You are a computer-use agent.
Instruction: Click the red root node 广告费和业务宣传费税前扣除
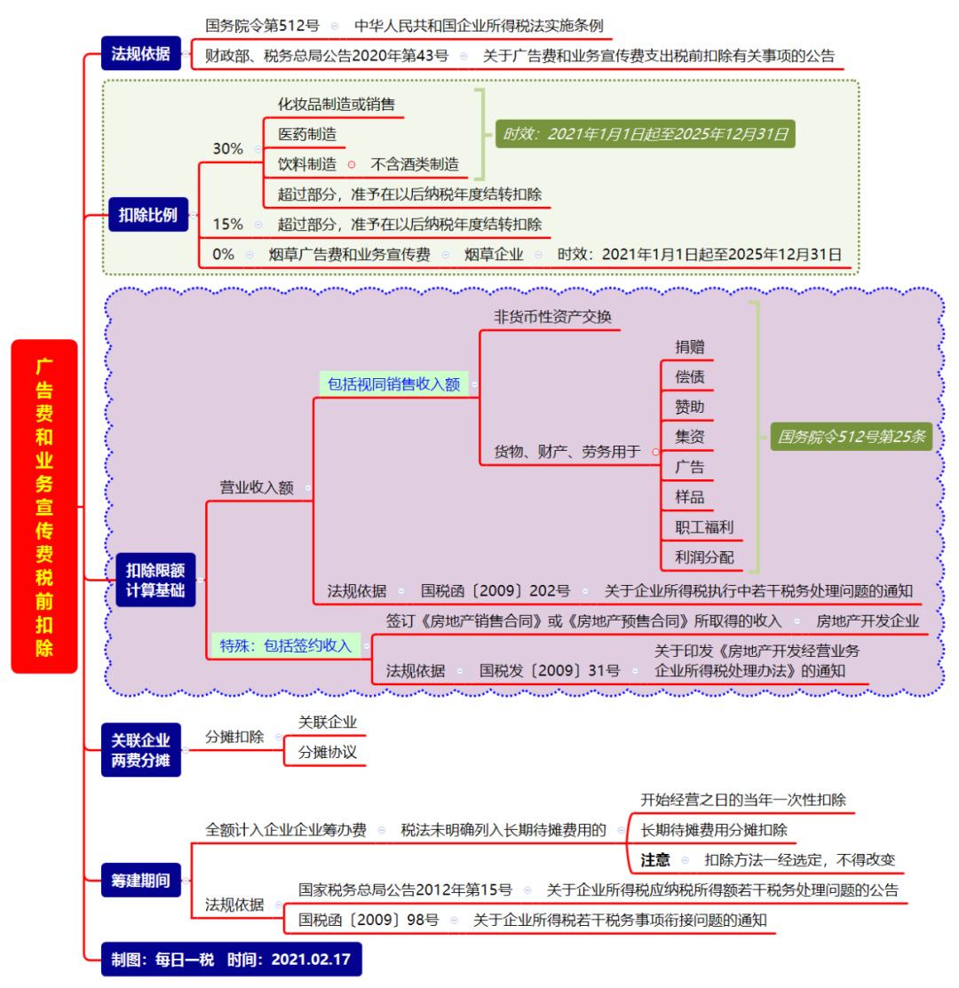(x=44, y=506)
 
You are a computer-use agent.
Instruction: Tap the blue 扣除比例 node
(x=148, y=215)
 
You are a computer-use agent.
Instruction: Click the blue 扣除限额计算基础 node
(x=155, y=580)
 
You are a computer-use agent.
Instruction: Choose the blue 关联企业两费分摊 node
(x=141, y=749)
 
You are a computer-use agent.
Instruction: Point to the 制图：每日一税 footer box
(x=231, y=959)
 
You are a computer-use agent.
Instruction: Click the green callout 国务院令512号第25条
(x=852, y=436)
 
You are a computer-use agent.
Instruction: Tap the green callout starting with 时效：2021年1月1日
(x=645, y=135)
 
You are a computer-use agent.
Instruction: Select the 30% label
(x=227, y=148)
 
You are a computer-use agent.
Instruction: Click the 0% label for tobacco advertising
(x=223, y=254)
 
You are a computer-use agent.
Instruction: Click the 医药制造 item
(x=307, y=135)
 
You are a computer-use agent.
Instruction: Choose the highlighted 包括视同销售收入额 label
(x=393, y=384)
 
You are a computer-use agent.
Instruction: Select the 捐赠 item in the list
(x=690, y=347)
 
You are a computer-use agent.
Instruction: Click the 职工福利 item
(x=703, y=526)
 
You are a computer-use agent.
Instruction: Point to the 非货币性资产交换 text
(x=552, y=317)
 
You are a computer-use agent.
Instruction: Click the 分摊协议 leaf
(x=327, y=752)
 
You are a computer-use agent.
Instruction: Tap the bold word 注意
(x=655, y=859)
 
